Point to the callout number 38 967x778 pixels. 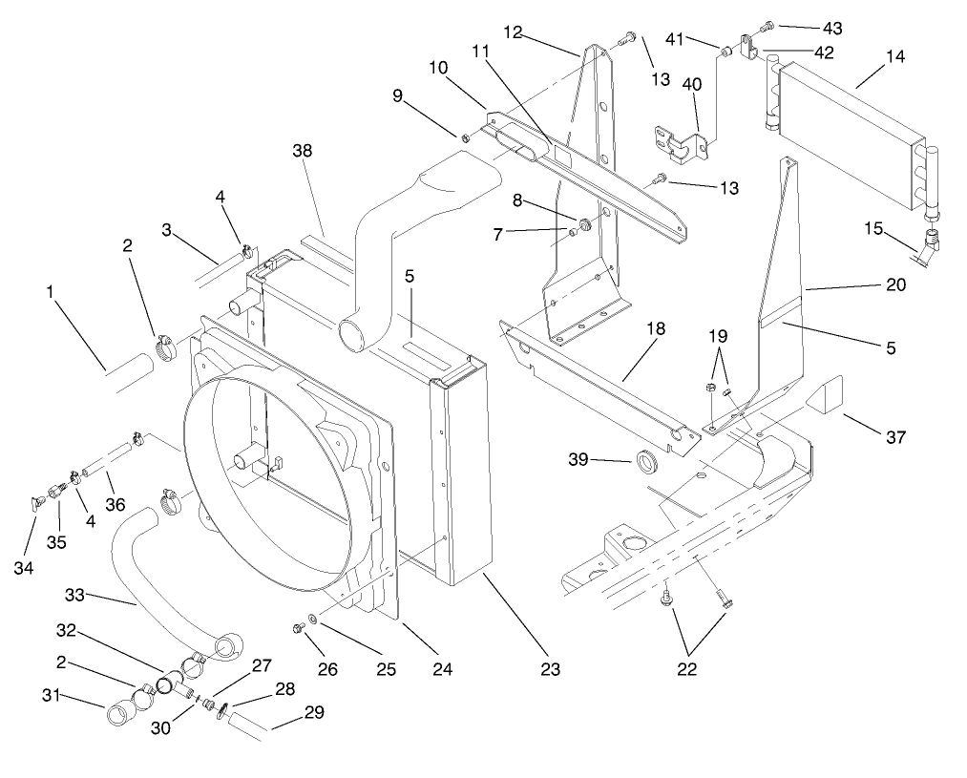click(302, 151)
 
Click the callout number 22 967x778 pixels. click(685, 669)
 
